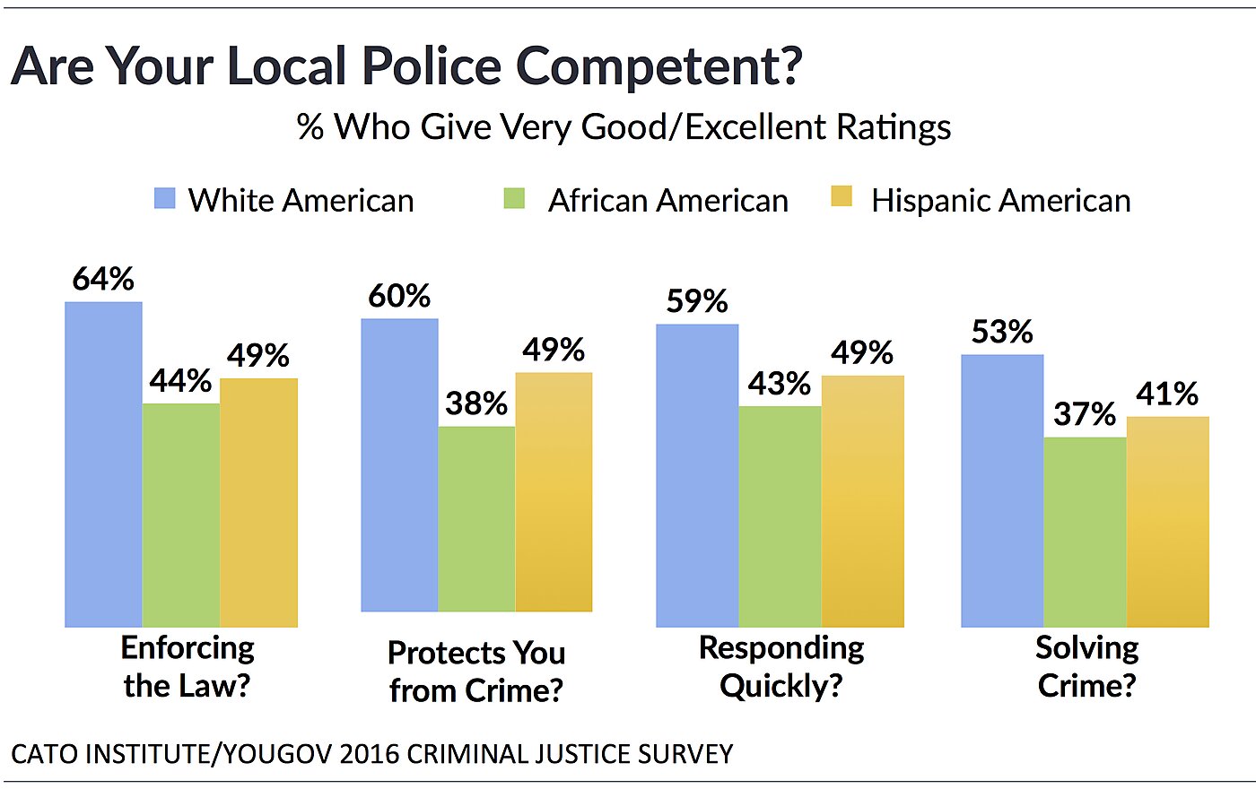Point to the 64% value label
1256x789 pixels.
pyautogui.click(x=103, y=280)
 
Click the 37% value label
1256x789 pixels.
pyautogui.click(x=1085, y=414)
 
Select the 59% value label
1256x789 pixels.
pyautogui.click(x=697, y=301)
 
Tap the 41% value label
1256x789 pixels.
pyautogui.click(x=1167, y=394)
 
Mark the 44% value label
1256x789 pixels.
pyautogui.click(x=180, y=381)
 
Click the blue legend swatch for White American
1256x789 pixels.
pyautogui.click(x=165, y=198)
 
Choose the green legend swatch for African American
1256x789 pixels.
pyautogui.click(x=514, y=198)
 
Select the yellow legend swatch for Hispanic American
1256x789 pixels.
pyautogui.click(x=842, y=196)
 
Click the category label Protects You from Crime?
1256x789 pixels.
pyautogui.click(x=476, y=672)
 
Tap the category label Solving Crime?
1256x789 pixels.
pyautogui.click(x=1086, y=666)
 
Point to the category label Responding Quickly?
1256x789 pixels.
pyautogui.click(x=781, y=666)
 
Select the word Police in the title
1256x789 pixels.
pyautogui.click(x=432, y=67)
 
